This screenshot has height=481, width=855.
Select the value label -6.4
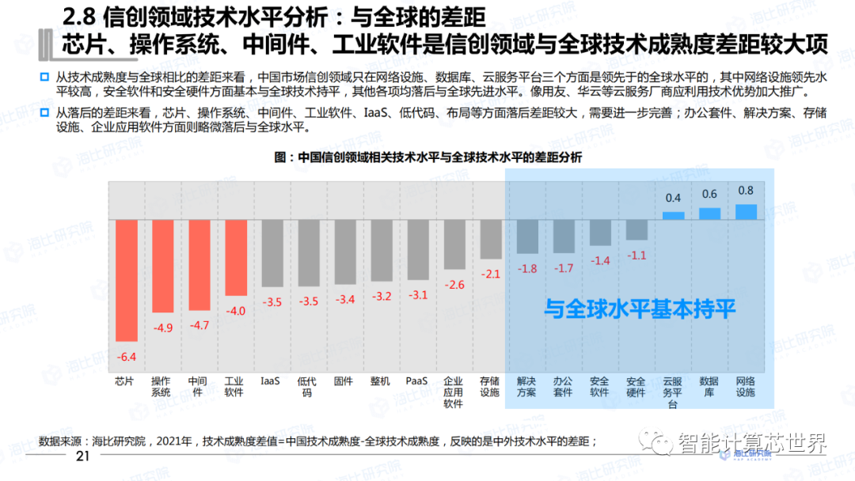click(x=127, y=356)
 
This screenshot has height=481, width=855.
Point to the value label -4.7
click(x=199, y=325)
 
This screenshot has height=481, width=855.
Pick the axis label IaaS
click(x=271, y=381)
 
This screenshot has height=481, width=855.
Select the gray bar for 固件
click(x=345, y=252)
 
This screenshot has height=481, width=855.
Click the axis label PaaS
click(x=417, y=381)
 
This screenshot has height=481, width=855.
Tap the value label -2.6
click(x=454, y=285)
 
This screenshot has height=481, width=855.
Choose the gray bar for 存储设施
click(x=491, y=239)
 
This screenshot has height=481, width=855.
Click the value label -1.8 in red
click(x=527, y=268)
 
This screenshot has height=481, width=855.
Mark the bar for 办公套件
click(x=564, y=236)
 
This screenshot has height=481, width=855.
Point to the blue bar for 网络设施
click(x=746, y=211)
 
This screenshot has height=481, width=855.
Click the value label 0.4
click(x=674, y=198)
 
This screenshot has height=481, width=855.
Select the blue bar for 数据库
click(x=709, y=213)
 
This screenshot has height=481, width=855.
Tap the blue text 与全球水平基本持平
click(x=640, y=309)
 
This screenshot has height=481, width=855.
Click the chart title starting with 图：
click(x=427, y=157)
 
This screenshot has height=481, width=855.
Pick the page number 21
click(x=82, y=458)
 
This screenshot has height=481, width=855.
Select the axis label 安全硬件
click(x=636, y=386)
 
